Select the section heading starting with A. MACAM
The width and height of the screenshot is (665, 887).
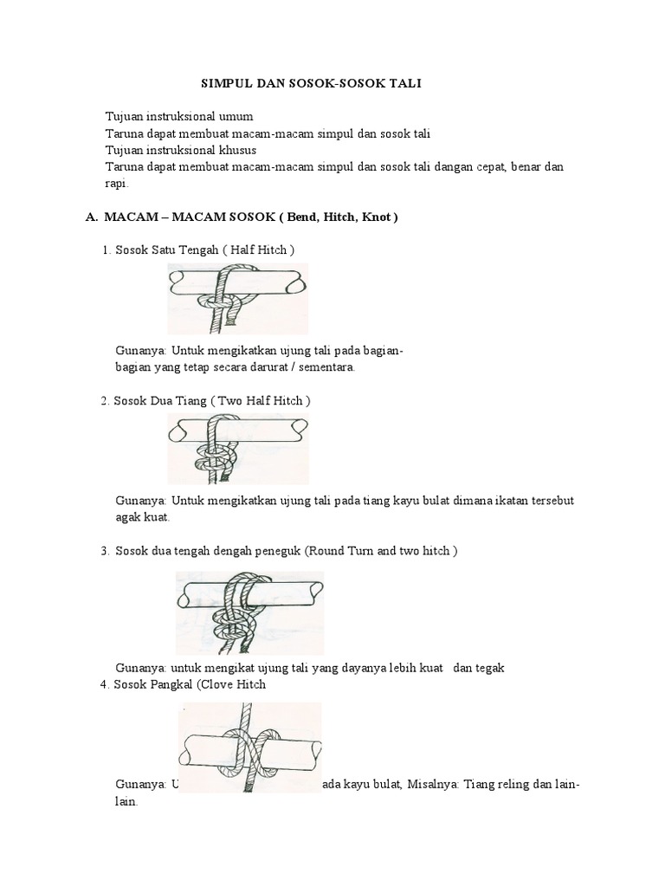pyautogui.click(x=242, y=217)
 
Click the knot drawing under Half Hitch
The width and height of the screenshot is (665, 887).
pyautogui.click(x=237, y=299)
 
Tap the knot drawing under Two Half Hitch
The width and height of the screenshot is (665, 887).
pyautogui.click(x=237, y=448)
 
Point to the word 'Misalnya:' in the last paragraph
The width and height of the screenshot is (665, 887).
pyautogui.click(x=429, y=785)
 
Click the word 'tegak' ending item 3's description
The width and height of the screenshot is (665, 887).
pyautogui.click(x=487, y=668)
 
